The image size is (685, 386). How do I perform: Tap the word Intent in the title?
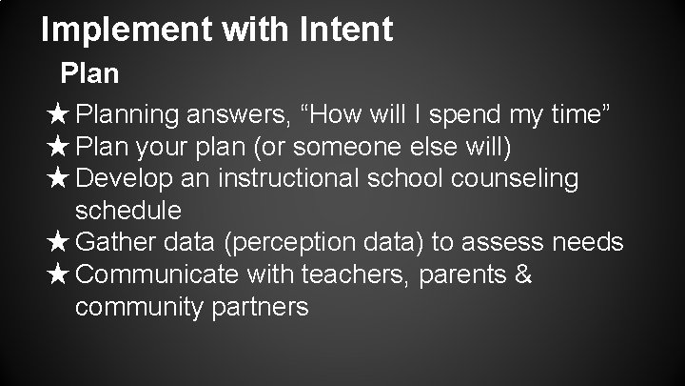point(346,30)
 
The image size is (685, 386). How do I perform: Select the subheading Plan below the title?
point(89,73)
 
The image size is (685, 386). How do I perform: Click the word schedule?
point(127,210)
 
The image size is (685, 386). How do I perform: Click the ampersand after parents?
point(522,274)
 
